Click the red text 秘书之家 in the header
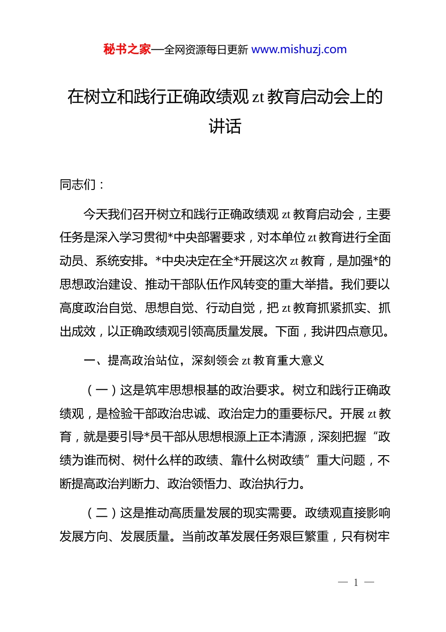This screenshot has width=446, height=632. (x=127, y=49)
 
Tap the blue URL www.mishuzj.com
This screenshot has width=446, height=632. (x=299, y=49)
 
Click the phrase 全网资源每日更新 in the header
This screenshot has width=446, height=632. (x=206, y=50)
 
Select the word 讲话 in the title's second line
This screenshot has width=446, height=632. (x=225, y=126)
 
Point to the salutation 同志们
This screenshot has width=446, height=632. (x=78, y=185)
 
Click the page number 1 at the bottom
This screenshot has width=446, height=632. (x=356, y=583)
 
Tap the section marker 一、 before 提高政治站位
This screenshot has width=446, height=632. (x=95, y=361)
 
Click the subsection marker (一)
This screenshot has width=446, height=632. (x=101, y=390)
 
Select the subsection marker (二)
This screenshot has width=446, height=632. (x=101, y=513)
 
